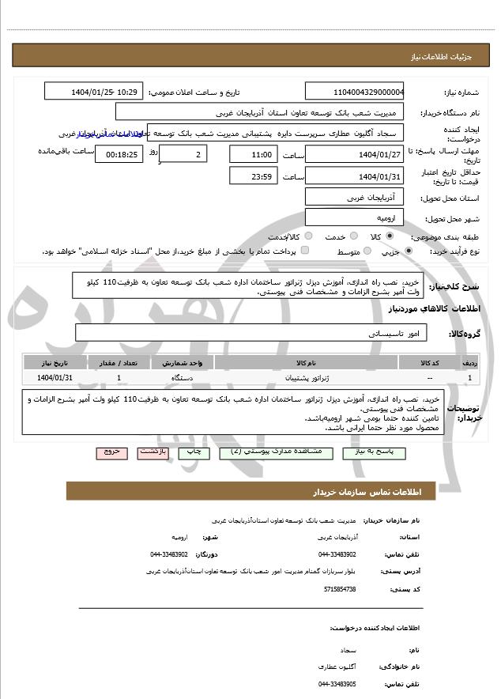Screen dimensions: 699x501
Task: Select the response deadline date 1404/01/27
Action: point(354,153)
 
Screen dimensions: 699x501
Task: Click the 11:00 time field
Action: point(254,153)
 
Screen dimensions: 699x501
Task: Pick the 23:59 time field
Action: point(254,176)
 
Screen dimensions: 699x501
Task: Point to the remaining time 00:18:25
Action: point(119,154)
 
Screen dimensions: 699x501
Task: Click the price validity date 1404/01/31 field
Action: point(354,176)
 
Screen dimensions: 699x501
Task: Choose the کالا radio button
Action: point(389,236)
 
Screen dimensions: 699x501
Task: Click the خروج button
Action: point(111,452)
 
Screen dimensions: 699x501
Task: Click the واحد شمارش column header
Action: point(183,363)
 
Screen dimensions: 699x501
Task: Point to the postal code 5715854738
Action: point(340,589)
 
